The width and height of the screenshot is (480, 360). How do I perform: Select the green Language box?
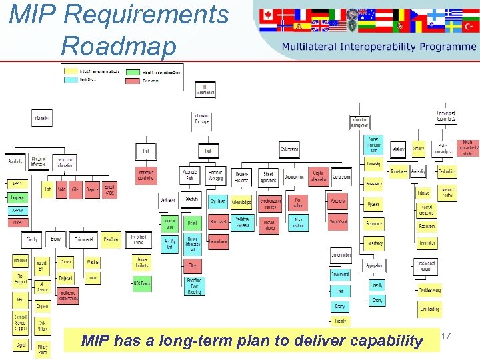point(17,197)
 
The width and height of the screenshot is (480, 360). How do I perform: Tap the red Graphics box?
point(92,190)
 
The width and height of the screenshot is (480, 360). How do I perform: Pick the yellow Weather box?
point(93,262)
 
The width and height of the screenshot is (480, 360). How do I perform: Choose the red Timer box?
point(193,265)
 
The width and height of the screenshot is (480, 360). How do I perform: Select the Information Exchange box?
point(201,119)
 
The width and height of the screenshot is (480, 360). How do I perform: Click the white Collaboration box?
point(289,149)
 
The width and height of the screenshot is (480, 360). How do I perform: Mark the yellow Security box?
point(418,149)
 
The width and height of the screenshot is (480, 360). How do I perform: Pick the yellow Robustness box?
point(399,171)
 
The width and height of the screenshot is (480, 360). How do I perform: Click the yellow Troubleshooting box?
point(429,290)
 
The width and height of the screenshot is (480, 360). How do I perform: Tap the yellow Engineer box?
point(42,307)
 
